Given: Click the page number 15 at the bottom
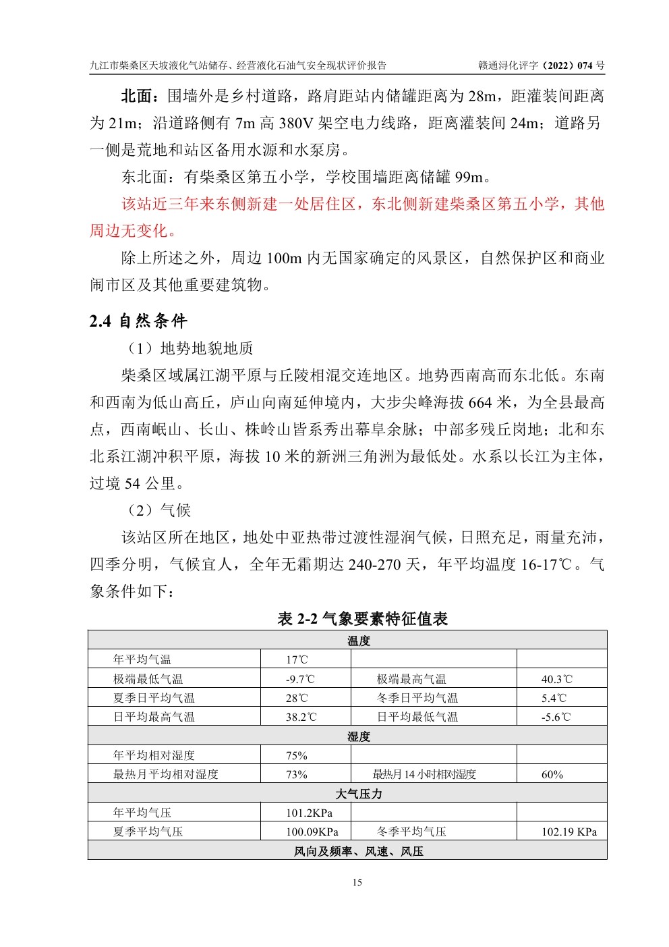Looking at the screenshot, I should [357, 882].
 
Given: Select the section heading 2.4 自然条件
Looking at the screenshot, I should [138, 321].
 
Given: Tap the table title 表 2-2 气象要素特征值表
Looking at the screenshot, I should [362, 618].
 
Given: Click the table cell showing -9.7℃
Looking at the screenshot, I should [300, 679].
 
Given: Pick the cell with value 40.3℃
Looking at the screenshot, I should [556, 679].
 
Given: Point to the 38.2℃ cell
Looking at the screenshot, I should [301, 717].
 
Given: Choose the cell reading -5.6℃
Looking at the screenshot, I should [556, 717].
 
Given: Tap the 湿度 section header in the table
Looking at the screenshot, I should [358, 736].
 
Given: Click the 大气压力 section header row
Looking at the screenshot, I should [358, 794].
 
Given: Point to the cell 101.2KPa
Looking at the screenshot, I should [309, 813].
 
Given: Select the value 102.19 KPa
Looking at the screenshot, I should [569, 832].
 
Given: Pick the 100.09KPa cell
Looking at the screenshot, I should [312, 832].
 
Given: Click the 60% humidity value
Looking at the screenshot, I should [552, 774].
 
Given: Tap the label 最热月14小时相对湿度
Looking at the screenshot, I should [424, 774].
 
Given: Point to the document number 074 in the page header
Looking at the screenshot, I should [584, 65].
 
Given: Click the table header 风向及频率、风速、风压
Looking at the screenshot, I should [358, 851].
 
